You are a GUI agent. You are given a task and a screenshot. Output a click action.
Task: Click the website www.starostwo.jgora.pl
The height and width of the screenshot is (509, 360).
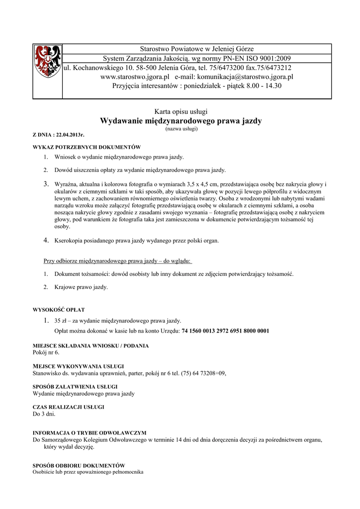[x=135, y=77]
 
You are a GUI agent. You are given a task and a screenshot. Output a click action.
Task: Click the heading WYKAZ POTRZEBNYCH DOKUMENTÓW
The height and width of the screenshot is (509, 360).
[x=87, y=147]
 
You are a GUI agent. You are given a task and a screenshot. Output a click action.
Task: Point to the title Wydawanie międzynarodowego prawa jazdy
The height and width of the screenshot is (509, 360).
[x=181, y=121]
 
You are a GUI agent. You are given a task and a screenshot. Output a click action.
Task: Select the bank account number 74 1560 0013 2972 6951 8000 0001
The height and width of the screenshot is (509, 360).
[x=225, y=331]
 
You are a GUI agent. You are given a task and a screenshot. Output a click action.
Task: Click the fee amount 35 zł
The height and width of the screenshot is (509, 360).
[x=61, y=321]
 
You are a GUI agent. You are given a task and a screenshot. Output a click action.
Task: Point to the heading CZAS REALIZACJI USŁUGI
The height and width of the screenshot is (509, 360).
[x=68, y=407]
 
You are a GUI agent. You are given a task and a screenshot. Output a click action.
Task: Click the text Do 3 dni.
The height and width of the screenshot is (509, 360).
[x=44, y=414]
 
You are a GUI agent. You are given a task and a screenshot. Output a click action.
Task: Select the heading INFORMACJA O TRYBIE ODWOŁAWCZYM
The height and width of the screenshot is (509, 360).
[x=89, y=432]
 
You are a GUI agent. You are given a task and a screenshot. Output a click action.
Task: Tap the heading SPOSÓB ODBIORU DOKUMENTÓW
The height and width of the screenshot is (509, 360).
[x=79, y=465]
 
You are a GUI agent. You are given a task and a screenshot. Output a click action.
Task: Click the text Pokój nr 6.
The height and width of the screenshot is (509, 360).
[x=46, y=352]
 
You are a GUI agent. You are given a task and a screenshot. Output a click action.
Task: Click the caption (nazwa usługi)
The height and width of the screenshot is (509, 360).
[x=181, y=129]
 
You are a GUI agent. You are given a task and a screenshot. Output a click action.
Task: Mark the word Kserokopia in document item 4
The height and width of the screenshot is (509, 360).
[x=70, y=241]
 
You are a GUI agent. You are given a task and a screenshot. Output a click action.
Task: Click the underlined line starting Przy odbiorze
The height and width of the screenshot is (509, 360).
[x=118, y=260]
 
